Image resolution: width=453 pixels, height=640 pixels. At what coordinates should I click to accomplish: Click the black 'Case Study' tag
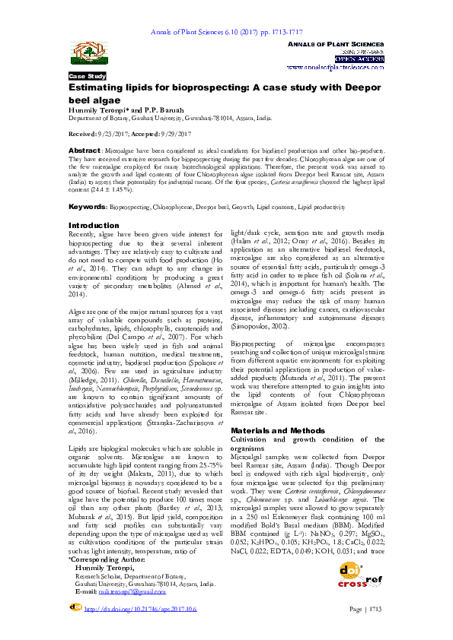point(88,77)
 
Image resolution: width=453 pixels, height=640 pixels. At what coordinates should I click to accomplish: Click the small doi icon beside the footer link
point(75,608)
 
